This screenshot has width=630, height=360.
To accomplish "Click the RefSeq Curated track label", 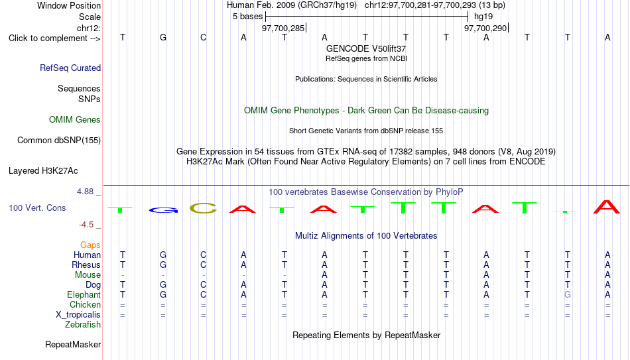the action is click(x=70, y=68).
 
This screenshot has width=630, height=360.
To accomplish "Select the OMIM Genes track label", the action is click(x=75, y=120).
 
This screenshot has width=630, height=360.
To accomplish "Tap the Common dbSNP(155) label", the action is click(x=59, y=141).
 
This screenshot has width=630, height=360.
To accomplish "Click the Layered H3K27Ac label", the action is click(x=43, y=171).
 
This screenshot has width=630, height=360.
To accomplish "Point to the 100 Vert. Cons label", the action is click(x=37, y=208).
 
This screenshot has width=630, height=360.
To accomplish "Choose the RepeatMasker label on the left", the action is click(x=73, y=344).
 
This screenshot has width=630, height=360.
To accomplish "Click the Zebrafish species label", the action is click(x=83, y=324).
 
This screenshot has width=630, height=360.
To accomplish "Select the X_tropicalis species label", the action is click(x=78, y=315).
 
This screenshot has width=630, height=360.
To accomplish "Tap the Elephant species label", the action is click(x=84, y=294).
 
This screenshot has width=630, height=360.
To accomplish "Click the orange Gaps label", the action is click(x=90, y=245).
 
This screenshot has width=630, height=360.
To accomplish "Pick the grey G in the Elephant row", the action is click(x=567, y=294).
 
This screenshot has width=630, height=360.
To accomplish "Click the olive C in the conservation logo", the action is click(x=204, y=208).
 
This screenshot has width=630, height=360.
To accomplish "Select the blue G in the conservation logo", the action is click(x=163, y=210).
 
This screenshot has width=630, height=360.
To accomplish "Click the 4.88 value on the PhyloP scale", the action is click(x=85, y=192).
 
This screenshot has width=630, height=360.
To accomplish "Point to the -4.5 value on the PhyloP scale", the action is click(x=86, y=225).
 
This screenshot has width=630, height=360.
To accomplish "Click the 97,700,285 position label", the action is click(x=283, y=28).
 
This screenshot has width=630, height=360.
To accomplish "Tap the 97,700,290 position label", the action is click(x=485, y=28).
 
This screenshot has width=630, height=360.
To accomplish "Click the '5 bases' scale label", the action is click(x=247, y=17).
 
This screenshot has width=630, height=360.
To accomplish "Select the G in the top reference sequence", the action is click(x=163, y=37).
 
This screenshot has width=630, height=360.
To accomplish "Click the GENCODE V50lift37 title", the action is click(x=366, y=48).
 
